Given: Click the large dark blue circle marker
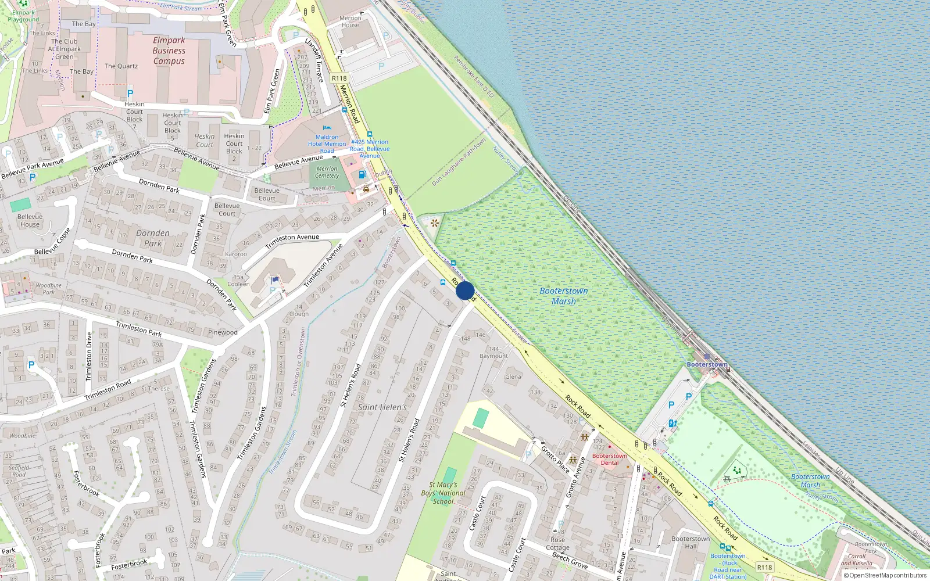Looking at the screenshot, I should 465,290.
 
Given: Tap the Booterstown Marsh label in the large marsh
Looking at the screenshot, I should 563,296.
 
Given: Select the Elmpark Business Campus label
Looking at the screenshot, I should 169,51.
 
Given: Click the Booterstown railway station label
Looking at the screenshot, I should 707,364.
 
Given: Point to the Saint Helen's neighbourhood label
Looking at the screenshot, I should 382,407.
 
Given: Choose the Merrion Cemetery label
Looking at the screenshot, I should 327,172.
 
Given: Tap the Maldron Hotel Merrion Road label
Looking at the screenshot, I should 327,144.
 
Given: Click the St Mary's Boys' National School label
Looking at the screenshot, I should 443,493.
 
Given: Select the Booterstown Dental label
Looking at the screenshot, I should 609,459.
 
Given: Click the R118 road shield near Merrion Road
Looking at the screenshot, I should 339,78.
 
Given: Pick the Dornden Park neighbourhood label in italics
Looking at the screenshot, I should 153,238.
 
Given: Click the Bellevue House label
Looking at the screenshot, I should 30,220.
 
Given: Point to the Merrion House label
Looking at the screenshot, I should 350,21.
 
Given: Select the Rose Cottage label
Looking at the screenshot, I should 557,543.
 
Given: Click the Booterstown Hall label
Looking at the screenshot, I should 690,542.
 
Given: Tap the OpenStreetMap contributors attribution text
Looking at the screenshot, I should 888,575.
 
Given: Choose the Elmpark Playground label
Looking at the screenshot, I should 23,16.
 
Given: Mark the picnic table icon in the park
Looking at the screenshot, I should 727,479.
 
